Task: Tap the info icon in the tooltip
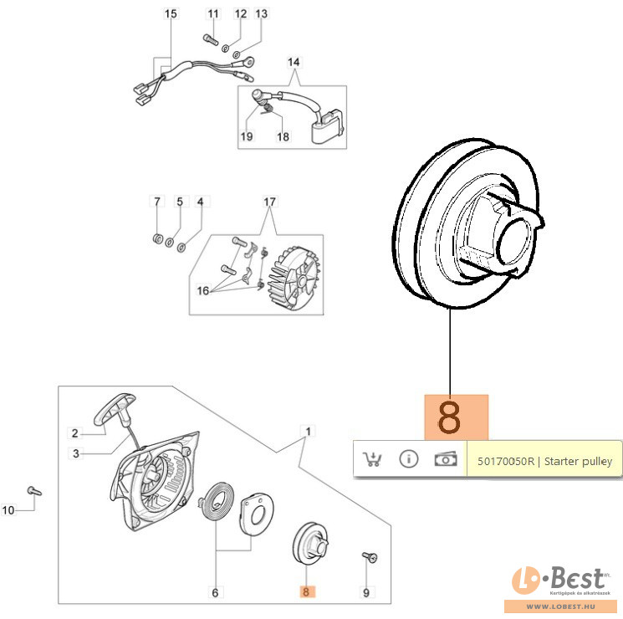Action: (408, 459)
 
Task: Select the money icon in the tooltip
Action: (445, 459)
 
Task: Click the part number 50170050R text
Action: (544, 461)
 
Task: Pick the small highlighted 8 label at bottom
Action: (307, 592)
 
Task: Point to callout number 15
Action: (171, 14)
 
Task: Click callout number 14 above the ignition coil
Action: (294, 62)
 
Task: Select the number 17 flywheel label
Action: (269, 202)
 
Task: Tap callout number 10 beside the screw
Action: (9, 509)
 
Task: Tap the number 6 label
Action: (215, 593)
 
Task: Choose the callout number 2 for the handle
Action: (74, 433)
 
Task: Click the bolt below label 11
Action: (209, 38)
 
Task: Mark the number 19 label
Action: (248, 136)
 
